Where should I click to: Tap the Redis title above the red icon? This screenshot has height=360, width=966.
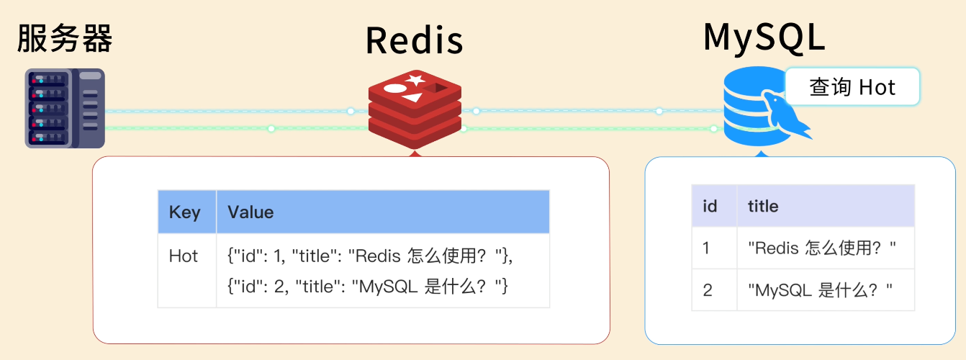click(x=414, y=40)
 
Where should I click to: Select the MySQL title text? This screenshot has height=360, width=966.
click(x=764, y=37)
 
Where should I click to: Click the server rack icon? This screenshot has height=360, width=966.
click(x=65, y=108)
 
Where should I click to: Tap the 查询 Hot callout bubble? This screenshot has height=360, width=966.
click(x=852, y=87)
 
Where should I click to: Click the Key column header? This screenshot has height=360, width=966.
click(x=184, y=212)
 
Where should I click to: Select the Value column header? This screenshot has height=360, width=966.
click(x=250, y=212)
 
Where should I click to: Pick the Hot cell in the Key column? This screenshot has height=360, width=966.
click(x=184, y=256)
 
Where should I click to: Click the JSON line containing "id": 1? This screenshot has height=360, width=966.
click(x=369, y=256)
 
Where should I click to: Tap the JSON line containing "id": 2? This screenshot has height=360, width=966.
click(x=368, y=286)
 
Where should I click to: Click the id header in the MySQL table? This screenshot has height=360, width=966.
click(x=710, y=207)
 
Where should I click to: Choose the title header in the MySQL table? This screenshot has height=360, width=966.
click(x=763, y=207)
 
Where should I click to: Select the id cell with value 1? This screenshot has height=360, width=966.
click(x=707, y=248)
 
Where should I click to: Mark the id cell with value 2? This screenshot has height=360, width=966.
click(x=708, y=290)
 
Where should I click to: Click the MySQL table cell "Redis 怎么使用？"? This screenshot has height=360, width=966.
click(x=821, y=248)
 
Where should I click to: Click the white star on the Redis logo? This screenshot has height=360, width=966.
click(x=415, y=80)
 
